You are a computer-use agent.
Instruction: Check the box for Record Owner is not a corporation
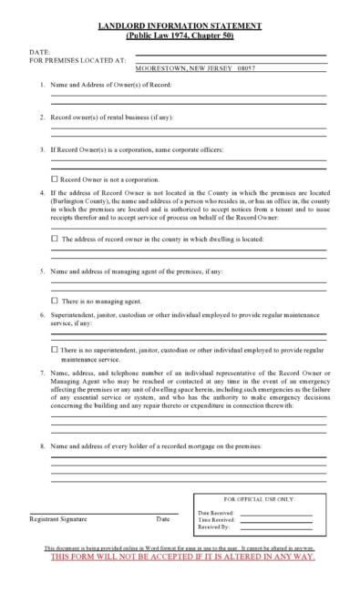[55, 179]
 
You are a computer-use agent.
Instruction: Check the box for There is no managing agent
[55, 300]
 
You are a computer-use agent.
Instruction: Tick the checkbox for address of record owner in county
[55, 239]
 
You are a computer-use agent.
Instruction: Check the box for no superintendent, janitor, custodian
[55, 349]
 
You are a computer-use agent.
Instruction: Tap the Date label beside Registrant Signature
[162, 518]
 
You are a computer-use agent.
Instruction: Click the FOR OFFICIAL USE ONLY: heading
[260, 500]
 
